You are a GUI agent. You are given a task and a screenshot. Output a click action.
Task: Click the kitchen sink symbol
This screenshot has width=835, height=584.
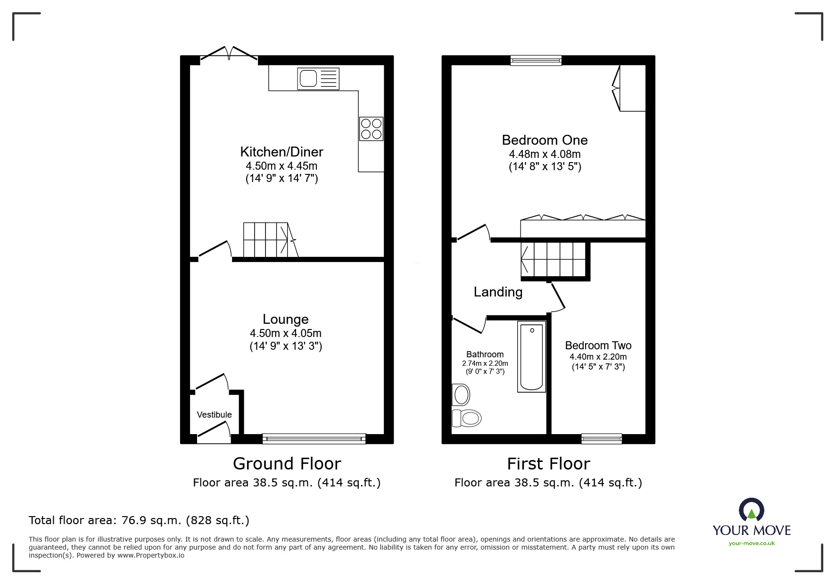coord(318,78)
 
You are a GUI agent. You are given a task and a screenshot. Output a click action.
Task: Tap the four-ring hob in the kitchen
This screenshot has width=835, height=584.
coord(371,129)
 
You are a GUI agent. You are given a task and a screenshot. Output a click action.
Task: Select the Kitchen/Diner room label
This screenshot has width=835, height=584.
coord(281,152)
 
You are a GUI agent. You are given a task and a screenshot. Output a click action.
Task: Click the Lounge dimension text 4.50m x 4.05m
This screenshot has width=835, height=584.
coord(285,333)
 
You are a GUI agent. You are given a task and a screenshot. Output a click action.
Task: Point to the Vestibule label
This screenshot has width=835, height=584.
coord(214,415)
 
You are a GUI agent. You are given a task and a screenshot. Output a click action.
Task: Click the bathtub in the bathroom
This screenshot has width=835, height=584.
coord(531,357)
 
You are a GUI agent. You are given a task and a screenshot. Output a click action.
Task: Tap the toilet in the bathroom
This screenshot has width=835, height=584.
coord(467,418)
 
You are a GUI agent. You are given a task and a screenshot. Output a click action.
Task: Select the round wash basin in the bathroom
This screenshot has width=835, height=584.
coord(461,395)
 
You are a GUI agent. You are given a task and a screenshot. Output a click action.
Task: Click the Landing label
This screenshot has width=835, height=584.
coord(498,292)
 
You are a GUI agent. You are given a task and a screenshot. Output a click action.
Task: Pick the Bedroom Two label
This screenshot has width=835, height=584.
coord(598,345)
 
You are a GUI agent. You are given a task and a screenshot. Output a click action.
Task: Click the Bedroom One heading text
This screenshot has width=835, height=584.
coord(545,140)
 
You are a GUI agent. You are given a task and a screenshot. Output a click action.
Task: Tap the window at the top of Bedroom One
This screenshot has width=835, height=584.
coord(536,60)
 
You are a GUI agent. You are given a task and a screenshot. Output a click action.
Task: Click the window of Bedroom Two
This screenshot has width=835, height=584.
coord(601,439)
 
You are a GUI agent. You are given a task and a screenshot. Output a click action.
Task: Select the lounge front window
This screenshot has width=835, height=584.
coord(314,439)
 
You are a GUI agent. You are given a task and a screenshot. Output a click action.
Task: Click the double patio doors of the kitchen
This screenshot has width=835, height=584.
coord(229,54)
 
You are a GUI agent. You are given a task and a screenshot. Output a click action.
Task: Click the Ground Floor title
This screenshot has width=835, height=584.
coord(287,464)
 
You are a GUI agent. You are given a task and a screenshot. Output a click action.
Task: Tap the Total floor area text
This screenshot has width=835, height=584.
coord(139,520)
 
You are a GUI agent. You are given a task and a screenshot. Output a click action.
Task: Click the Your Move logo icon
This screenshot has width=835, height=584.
coord(751,510)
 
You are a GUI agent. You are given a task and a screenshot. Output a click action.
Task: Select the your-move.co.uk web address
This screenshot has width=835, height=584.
coord(752,543)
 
